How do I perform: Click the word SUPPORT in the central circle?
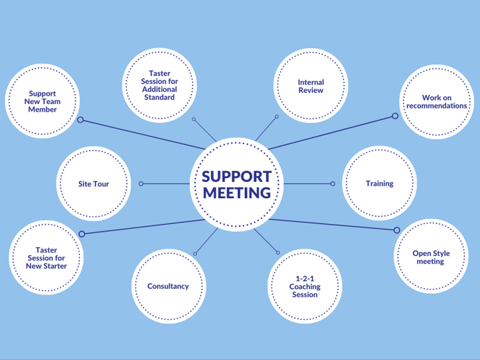click(x=236, y=176)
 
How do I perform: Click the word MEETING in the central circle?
click(x=236, y=193)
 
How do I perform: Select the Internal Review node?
click(x=310, y=87)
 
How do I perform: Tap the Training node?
click(x=380, y=183)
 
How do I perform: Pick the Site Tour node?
click(x=93, y=184)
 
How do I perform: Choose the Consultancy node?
click(x=168, y=286)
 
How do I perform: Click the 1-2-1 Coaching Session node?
click(x=305, y=286)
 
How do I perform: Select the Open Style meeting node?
click(x=431, y=257)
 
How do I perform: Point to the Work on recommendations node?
click(x=437, y=102)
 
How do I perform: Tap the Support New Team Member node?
click(x=43, y=101)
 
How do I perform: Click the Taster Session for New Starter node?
click(x=47, y=258)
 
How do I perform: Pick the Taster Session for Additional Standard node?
click(x=160, y=85)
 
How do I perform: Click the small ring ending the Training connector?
click(x=333, y=184)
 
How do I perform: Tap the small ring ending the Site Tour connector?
click(x=141, y=184)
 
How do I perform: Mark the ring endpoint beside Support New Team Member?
click(x=80, y=120)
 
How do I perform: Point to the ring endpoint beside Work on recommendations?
click(x=395, y=116)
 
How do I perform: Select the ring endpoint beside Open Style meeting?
click(x=396, y=230)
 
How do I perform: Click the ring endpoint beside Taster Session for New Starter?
click(x=82, y=234)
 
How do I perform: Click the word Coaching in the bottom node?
click(x=305, y=286)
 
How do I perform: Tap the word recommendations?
click(x=437, y=106)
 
